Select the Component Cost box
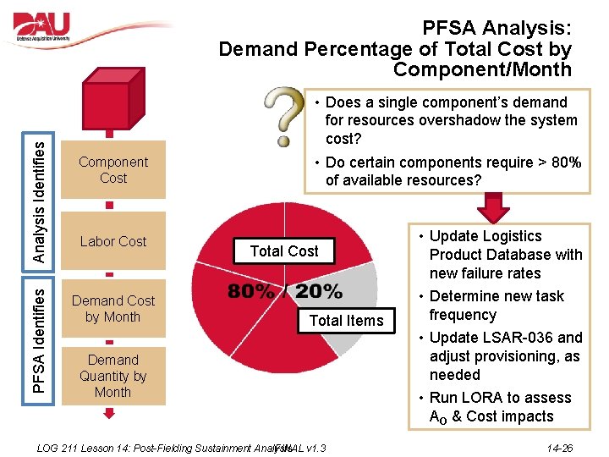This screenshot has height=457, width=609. click(x=113, y=170)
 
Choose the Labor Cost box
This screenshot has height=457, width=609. click(x=113, y=241)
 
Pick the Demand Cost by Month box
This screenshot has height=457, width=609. click(x=113, y=309)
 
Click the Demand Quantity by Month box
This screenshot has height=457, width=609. click(x=113, y=376)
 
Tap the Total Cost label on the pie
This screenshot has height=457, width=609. click(x=284, y=251)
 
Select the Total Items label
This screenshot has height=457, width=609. click(x=347, y=320)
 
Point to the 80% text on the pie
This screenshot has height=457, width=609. click(x=252, y=293)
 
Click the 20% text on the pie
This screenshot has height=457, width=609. click(x=319, y=293)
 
